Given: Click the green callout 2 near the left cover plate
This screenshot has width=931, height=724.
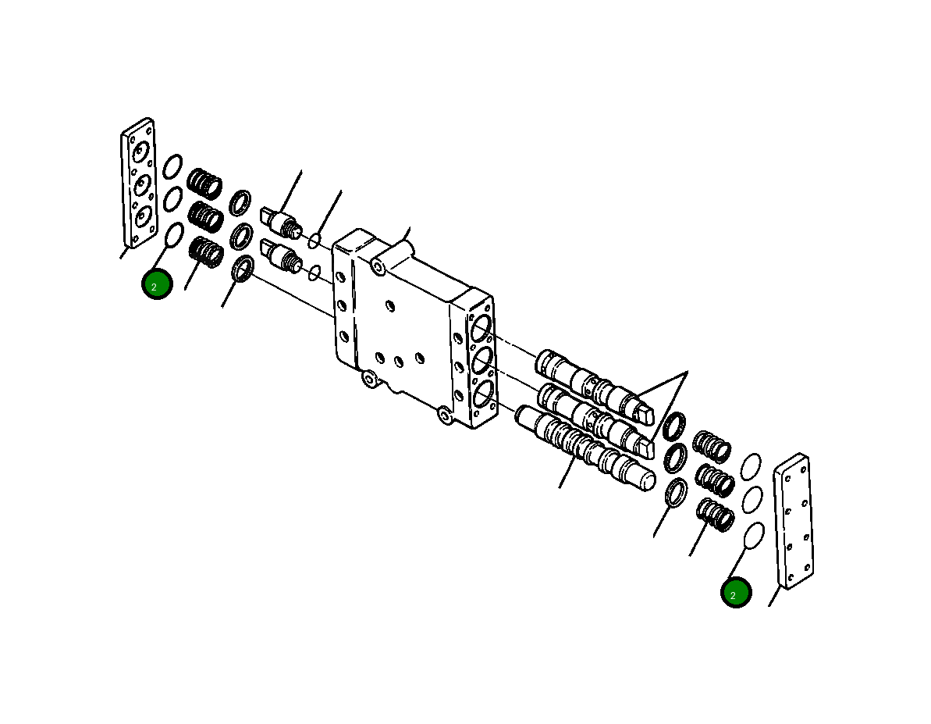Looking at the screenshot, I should click(156, 284).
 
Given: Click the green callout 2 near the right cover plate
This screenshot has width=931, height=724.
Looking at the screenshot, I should click(736, 593).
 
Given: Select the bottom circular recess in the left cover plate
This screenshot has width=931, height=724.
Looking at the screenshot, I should click(142, 216).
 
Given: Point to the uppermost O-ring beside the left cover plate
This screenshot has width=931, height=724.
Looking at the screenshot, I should click(173, 166).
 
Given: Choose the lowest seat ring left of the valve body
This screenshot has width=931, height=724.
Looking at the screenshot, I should click(243, 269).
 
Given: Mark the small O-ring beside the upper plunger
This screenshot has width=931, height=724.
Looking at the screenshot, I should click(314, 240).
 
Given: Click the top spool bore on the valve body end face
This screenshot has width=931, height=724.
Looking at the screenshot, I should click(481, 329).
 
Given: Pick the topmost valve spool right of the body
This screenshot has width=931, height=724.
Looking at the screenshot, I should click(593, 384).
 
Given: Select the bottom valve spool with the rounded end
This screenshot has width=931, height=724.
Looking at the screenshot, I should click(585, 451).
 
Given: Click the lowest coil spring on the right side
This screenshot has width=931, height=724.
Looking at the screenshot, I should click(714, 515).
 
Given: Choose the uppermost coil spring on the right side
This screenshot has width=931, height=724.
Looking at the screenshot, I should click(712, 446).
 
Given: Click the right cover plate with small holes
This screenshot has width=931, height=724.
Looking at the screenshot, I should click(793, 520).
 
